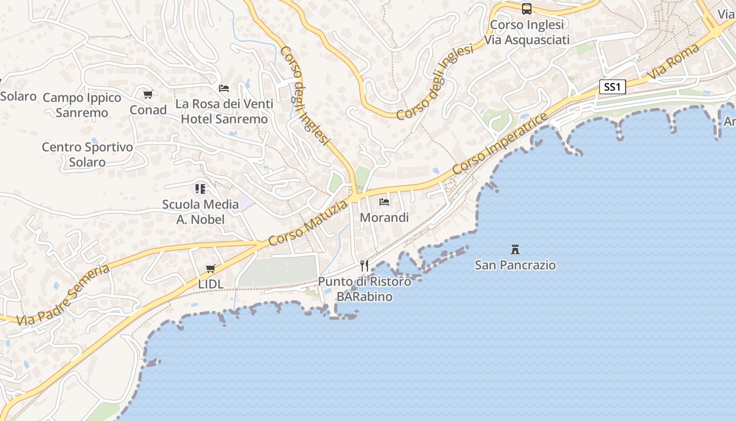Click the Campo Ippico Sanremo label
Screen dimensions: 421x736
[x=82, y=105]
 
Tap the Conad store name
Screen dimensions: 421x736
[x=148, y=110]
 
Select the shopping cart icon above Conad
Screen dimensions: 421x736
[x=148, y=95]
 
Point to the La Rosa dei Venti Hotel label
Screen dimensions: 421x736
[x=224, y=112]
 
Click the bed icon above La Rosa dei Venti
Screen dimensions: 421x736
[x=224, y=88]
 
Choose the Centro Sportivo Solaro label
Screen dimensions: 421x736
[x=87, y=155]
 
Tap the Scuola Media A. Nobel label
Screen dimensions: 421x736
[x=200, y=212]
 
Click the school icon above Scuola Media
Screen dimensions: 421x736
[x=200, y=188]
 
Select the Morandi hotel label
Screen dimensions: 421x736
[x=384, y=217]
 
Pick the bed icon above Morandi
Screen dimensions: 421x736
[x=384, y=202]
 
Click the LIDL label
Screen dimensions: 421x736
[x=211, y=284]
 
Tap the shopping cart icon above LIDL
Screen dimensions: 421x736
[x=211, y=269]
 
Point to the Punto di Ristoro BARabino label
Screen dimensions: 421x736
[x=364, y=289]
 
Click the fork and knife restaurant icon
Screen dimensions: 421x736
[x=364, y=265]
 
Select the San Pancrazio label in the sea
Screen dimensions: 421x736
[x=515, y=265]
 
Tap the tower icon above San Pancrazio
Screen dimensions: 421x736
[x=515, y=249]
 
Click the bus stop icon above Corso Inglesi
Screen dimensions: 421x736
[x=527, y=8]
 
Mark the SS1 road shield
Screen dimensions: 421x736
[x=612, y=87]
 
